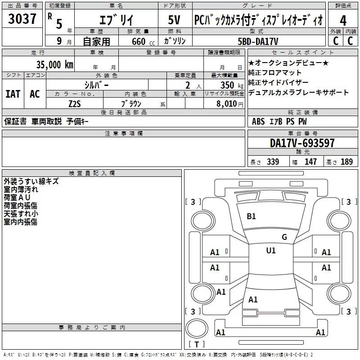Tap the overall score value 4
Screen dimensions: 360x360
[x=343, y=21]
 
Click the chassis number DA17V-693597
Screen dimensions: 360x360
[x=302, y=143]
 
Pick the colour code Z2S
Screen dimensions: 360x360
[x=75, y=103]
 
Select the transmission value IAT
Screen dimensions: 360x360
[x=12, y=94]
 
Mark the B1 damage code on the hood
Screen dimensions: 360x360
[x=251, y=216]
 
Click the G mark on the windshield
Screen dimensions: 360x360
[x=284, y=237]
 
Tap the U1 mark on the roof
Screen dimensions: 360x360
[x=271, y=251]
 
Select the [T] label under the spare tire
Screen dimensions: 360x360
[x=196, y=345]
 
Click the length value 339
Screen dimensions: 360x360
[x=272, y=162]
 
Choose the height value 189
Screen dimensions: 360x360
[x=346, y=162]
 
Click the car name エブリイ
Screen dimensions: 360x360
[x=116, y=20]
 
